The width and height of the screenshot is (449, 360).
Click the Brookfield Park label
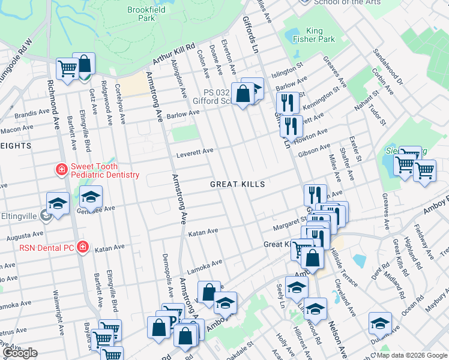[142, 14]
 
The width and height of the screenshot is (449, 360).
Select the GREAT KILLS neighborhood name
[237, 184]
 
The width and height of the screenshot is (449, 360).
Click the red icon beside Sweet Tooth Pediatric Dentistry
[61, 170]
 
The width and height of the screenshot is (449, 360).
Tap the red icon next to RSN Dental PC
[82, 246]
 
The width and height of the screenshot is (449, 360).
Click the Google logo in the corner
[19, 353]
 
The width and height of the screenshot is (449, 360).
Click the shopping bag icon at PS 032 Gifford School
[243, 94]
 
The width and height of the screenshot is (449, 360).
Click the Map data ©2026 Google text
[411, 355]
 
